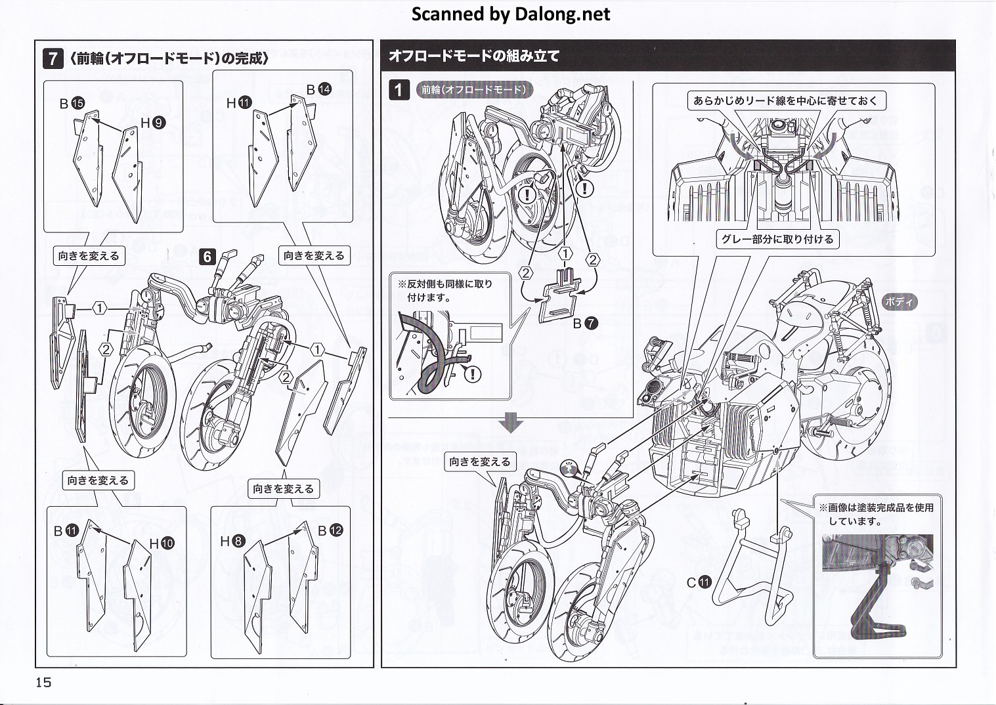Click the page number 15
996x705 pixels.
pyautogui.click(x=43, y=682)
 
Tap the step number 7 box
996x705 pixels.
pyautogui.click(x=53, y=58)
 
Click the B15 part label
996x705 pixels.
pyautogui.click(x=72, y=103)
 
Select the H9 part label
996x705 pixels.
pyautogui.click(x=153, y=123)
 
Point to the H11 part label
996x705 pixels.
pyautogui.click(x=239, y=103)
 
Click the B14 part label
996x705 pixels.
pyautogui.click(x=319, y=89)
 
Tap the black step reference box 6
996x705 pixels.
pyautogui.click(x=207, y=257)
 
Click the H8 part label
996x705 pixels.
pyautogui.click(x=232, y=542)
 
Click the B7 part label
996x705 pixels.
pyautogui.click(x=586, y=323)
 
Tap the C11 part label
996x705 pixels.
pyautogui.click(x=699, y=582)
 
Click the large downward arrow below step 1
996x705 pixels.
pyautogui.click(x=510, y=423)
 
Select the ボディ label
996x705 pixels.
pyautogui.click(x=900, y=303)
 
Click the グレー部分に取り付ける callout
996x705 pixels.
pyautogui.click(x=777, y=239)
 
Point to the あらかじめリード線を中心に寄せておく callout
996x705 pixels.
pyautogui.click(x=785, y=100)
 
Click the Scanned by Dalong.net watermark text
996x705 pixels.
pyautogui.click(x=511, y=14)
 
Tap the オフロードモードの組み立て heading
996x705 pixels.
pyautogui.click(x=474, y=56)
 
